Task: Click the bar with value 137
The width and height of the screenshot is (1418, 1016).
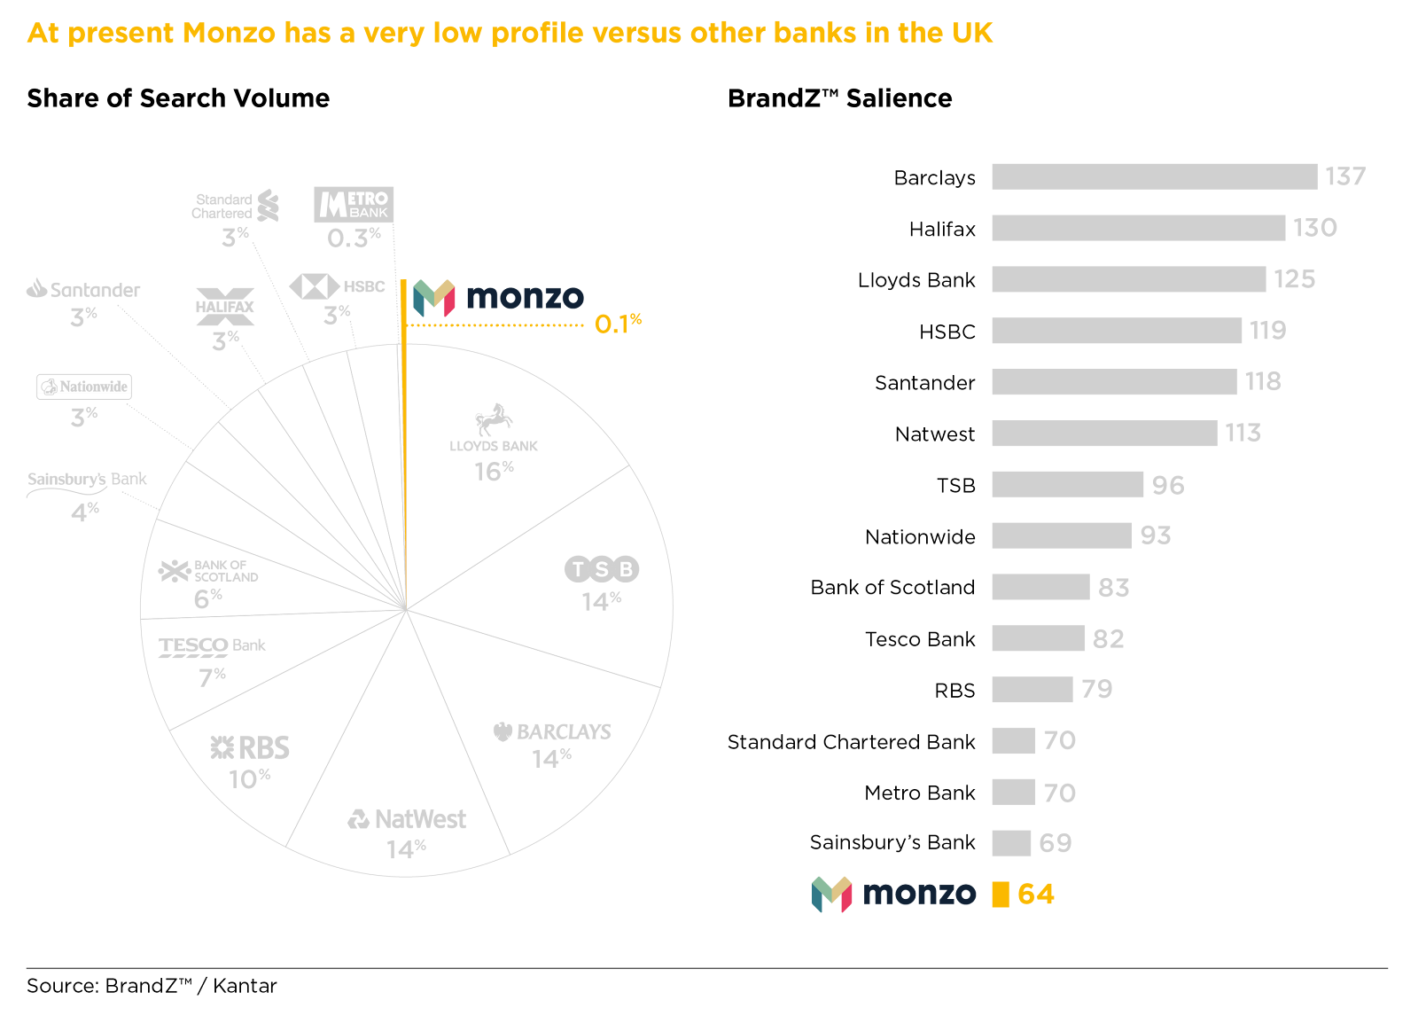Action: point(1154,176)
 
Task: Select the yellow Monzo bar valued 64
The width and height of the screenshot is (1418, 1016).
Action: point(1000,894)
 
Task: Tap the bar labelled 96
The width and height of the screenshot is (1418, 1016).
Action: point(1067,485)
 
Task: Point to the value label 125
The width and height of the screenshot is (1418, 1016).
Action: point(1294,279)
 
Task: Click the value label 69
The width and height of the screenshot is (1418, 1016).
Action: point(1055,843)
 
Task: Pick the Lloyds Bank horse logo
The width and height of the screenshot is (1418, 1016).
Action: point(494,419)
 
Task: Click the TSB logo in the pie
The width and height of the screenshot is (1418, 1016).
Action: point(602,569)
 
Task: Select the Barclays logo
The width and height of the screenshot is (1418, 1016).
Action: point(552,731)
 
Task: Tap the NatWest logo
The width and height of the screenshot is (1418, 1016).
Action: point(407,819)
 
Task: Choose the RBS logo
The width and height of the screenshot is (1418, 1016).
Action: point(250,748)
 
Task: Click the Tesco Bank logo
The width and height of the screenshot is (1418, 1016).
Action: point(212,646)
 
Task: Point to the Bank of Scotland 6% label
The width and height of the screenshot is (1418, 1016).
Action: point(207,599)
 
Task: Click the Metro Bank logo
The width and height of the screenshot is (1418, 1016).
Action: point(354,205)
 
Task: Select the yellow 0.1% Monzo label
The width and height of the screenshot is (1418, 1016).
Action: point(618,324)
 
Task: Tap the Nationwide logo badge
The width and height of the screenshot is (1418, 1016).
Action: point(84,387)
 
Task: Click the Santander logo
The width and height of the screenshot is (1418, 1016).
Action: point(83,289)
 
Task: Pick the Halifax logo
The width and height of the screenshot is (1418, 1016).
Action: point(225,307)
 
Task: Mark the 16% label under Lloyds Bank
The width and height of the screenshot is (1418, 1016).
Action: point(493,471)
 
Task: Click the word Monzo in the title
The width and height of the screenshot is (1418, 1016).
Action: point(229,33)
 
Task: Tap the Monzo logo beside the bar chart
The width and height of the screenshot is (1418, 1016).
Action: point(893,894)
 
